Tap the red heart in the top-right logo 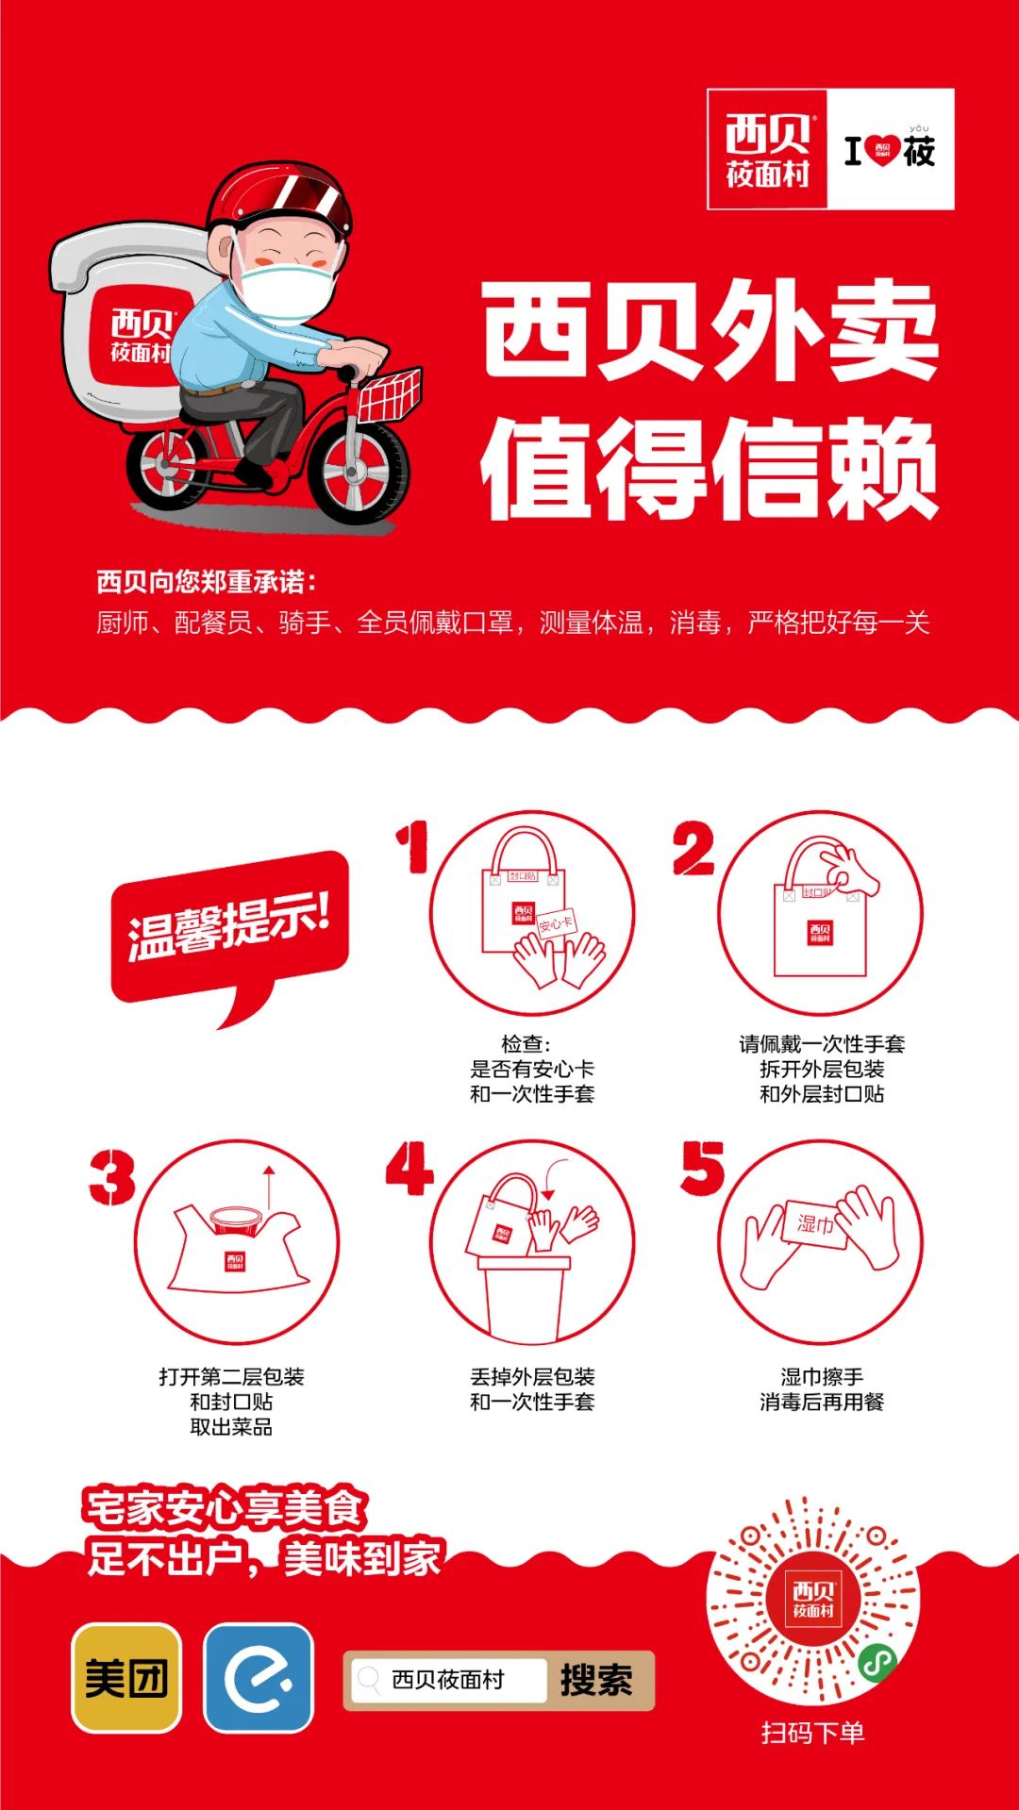(x=882, y=150)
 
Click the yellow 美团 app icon (x=126, y=1678)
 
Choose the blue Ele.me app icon (x=259, y=1678)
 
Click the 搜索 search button (x=597, y=1680)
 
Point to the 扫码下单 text (x=813, y=1732)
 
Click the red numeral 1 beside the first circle (x=413, y=846)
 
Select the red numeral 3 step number (x=112, y=1176)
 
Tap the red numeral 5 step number (x=703, y=1168)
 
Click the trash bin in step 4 (x=525, y=1296)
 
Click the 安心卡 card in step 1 (x=556, y=925)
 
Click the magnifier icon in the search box (x=369, y=1678)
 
